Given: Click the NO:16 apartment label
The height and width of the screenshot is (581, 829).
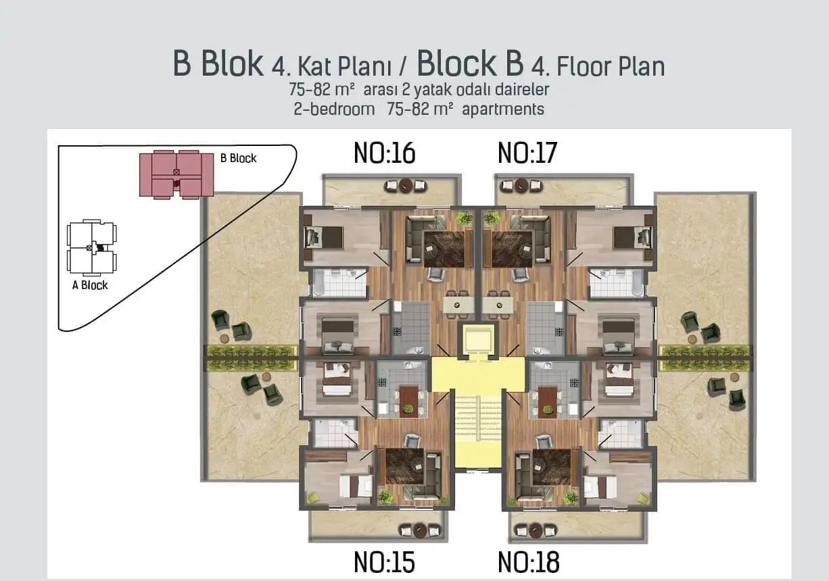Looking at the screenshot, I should (x=384, y=153).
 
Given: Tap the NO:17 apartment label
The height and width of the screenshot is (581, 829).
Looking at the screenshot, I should (x=527, y=153).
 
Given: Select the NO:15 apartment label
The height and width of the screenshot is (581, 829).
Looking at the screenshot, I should (x=384, y=561).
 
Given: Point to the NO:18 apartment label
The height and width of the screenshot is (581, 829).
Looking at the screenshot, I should (x=528, y=561).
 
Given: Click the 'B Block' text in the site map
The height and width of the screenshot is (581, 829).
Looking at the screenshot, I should (x=238, y=158).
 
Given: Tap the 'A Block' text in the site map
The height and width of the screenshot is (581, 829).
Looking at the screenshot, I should (x=90, y=285).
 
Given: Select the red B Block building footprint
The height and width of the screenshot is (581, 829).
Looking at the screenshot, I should (x=176, y=174).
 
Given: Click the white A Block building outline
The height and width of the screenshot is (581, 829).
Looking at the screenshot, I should (x=91, y=247).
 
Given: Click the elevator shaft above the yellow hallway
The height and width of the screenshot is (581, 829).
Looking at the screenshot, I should (x=477, y=338).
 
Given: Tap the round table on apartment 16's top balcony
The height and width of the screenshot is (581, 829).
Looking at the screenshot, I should (x=406, y=185).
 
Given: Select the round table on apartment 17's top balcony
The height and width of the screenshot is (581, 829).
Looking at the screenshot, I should (x=520, y=185).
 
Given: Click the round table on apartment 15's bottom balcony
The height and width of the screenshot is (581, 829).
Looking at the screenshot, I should (x=419, y=530).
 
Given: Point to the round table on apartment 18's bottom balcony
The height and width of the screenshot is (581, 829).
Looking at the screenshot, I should (x=536, y=530).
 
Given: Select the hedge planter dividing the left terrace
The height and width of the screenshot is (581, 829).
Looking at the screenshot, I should (x=251, y=358).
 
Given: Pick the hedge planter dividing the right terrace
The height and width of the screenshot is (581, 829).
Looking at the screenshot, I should (x=705, y=358).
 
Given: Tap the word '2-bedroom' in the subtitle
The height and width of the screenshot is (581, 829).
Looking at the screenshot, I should (x=334, y=109).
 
